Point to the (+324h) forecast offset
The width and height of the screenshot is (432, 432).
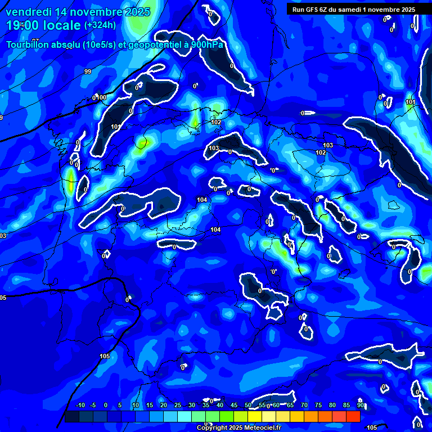point(100,25)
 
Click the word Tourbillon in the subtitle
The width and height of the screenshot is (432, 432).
point(28,45)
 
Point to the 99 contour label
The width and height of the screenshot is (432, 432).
point(88,71)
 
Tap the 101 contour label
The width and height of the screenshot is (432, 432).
point(410,102)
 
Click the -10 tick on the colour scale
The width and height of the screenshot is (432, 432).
point(80,406)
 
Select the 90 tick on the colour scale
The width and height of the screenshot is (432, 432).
point(360,406)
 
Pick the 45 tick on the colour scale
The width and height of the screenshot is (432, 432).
point(234,406)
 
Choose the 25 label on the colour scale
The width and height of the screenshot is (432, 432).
point(178,406)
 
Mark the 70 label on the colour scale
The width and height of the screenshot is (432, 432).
point(304,406)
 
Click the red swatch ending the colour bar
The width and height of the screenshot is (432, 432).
point(353,416)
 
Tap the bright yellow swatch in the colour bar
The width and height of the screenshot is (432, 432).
point(254,416)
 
